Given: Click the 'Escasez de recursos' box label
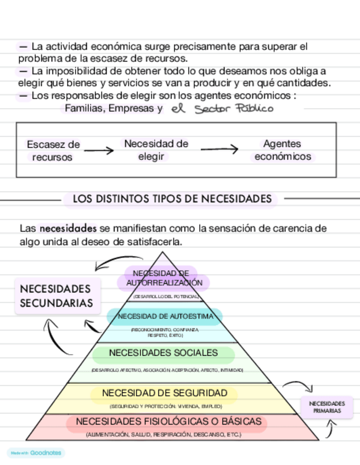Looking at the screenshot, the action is click(x=53, y=150).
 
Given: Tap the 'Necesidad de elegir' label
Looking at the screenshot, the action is click(x=156, y=150).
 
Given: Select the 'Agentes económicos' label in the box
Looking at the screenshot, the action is click(x=282, y=150).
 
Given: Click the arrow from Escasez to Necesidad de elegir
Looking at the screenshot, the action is click(x=99, y=150).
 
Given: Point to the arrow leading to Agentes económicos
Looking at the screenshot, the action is click(x=219, y=149).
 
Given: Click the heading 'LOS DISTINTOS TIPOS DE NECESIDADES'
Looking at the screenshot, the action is click(x=172, y=199).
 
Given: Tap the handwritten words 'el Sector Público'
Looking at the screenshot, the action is click(x=221, y=109).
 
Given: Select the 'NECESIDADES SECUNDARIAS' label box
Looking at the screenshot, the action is click(x=57, y=296).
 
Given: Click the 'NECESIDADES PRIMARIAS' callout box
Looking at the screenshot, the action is click(x=328, y=406).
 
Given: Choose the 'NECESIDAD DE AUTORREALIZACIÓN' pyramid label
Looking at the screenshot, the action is click(x=164, y=278).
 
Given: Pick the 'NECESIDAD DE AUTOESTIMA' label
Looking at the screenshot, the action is click(x=164, y=316).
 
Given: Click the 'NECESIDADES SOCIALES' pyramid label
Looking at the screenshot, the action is click(x=164, y=353).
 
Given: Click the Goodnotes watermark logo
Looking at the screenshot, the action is click(x=36, y=453).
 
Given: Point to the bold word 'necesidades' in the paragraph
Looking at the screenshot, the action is click(x=68, y=228).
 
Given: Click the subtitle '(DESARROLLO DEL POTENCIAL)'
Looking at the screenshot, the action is click(x=165, y=297).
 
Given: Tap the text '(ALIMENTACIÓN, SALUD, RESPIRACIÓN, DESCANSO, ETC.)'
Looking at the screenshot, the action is click(x=164, y=434).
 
